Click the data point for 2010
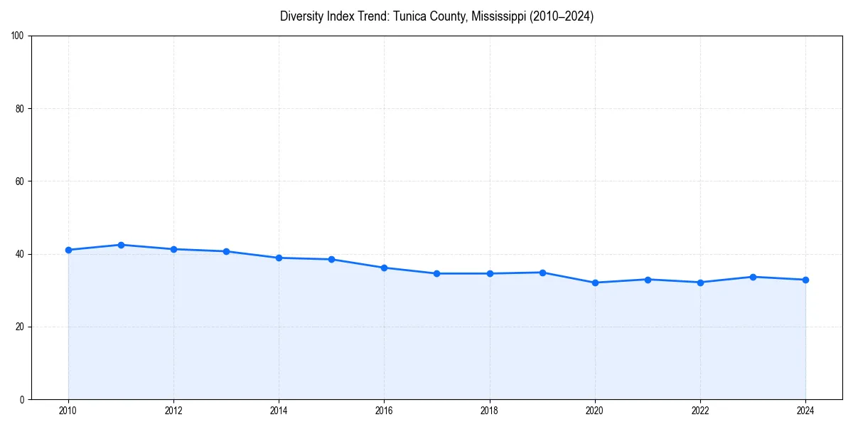[x=68, y=250]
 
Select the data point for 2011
[x=121, y=245]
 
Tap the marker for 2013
[x=226, y=251]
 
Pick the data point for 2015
[x=331, y=259]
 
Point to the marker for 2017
[x=436, y=273]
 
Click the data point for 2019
[x=542, y=273]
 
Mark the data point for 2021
[x=648, y=279]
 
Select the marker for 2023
[x=753, y=277]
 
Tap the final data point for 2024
[x=805, y=280]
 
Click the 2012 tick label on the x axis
[x=173, y=411]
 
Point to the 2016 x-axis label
[x=384, y=411]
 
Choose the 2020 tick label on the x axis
[x=595, y=411]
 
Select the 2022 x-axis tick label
[x=700, y=411]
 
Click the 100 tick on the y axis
[x=18, y=36]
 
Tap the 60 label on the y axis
[x=20, y=181]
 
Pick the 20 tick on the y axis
[x=20, y=327]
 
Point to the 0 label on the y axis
[x=22, y=399]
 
